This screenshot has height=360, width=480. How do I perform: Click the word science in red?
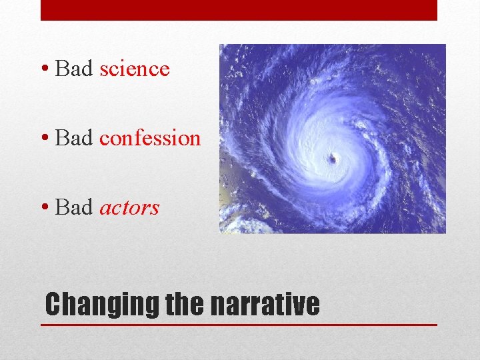coord(135,69)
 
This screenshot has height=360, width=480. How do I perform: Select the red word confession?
coord(150,138)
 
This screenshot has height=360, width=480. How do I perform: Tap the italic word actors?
coord(129,208)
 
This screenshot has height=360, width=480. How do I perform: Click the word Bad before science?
coord(74,69)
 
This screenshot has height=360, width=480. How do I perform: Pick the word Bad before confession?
coord(74,138)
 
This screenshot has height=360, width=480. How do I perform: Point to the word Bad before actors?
coord(74,207)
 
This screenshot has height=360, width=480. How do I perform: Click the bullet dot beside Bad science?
coord(44,69)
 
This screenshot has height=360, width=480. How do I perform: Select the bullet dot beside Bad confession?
coord(44,139)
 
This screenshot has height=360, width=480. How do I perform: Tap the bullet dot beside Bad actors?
coord(44,208)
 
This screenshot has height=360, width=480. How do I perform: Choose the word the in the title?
coord(185,304)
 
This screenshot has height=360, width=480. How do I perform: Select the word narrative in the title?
coord(265,304)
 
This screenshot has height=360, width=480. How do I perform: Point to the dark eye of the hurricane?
coord(332,158)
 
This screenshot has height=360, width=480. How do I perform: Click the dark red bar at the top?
coord(239,10)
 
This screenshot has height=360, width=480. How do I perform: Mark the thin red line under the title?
coord(239,325)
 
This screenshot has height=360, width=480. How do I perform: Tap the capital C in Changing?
coord(53,304)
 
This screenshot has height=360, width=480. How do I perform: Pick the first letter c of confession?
coord(105,139)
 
